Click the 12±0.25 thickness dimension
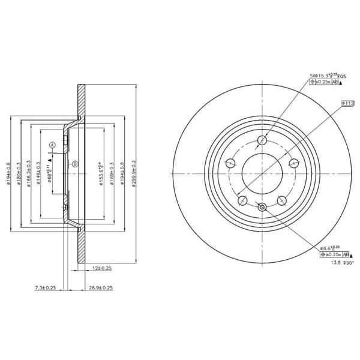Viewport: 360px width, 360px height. point(103,268)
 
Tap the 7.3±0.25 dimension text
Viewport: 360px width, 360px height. point(45,289)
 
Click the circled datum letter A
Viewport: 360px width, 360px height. point(52,145)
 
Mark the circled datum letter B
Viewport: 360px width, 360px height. point(75,164)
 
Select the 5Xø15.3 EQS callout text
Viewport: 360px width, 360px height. point(328,76)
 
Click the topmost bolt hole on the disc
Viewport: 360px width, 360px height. point(262,141)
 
